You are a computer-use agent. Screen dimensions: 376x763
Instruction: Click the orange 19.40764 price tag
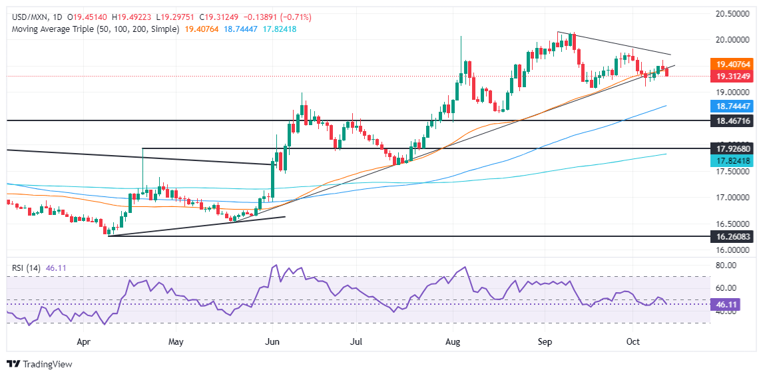pyautogui.click(x=732, y=65)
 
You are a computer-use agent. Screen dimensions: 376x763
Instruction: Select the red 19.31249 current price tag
pyautogui.click(x=732, y=75)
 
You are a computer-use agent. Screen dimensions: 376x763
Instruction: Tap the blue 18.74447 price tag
pyautogui.click(x=732, y=106)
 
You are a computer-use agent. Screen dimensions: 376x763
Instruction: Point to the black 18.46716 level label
pyautogui.click(x=732, y=120)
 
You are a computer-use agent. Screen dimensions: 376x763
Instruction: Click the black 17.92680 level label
pyautogui.click(x=732, y=148)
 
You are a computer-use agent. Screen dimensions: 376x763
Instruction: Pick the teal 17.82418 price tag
pyautogui.click(x=732, y=160)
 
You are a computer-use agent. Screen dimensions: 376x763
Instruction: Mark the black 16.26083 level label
pyautogui.click(x=732, y=236)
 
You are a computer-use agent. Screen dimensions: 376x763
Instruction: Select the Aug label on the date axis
pyautogui.click(x=453, y=342)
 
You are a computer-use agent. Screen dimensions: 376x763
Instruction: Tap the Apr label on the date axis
pyautogui.click(x=83, y=342)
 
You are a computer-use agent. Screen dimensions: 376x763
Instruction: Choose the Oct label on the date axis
pyautogui.click(x=633, y=342)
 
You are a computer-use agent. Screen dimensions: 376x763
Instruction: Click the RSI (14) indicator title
pyautogui.click(x=27, y=268)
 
